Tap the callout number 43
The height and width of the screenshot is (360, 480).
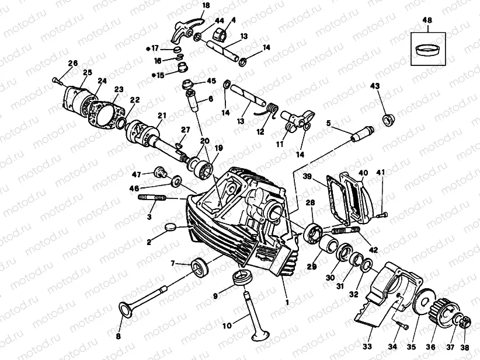(374, 86)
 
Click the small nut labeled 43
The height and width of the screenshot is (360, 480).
(387, 120)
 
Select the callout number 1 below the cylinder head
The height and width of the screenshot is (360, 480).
(286, 302)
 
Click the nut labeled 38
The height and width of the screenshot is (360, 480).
(464, 321)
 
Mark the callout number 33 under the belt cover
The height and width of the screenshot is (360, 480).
(367, 347)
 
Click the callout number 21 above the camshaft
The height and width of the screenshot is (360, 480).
(162, 115)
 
